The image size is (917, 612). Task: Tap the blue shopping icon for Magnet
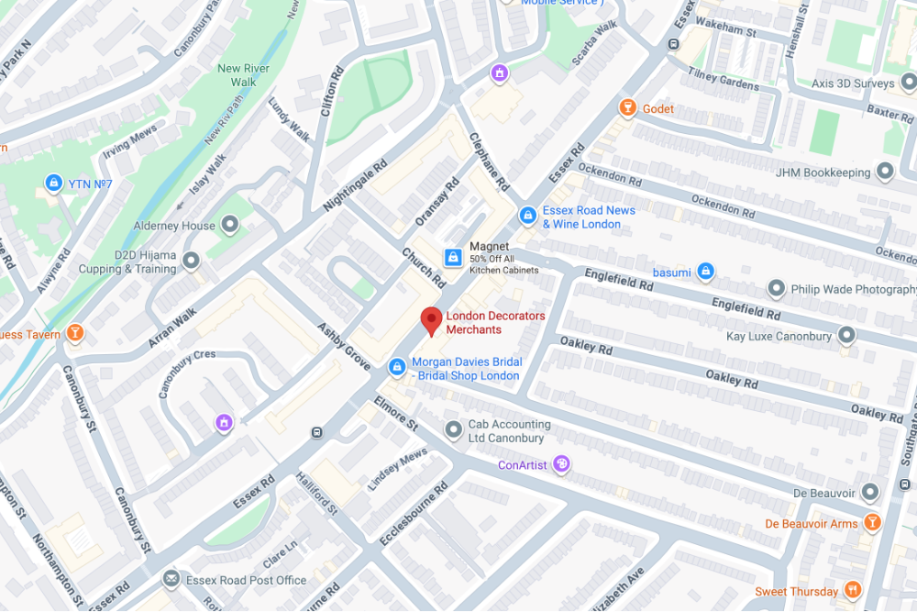coord(453,257)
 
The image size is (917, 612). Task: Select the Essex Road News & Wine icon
coord(527,216)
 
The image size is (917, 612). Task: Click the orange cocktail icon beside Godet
coord(627,108)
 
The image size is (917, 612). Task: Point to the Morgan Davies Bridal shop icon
coord(396,367)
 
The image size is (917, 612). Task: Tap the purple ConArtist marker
coord(562,464)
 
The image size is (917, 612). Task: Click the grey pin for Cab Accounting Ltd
coord(453,429)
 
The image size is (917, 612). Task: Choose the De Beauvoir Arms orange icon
coord(872,523)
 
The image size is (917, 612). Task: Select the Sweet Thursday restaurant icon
coord(854,590)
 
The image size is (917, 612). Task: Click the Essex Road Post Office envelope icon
coord(171,579)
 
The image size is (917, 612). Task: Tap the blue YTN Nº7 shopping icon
coord(53,183)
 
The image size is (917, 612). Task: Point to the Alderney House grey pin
coord(230,224)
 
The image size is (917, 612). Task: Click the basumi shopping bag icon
coord(704,272)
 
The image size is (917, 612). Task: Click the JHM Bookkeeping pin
coord(885,172)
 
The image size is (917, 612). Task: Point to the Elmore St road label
coord(395,413)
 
